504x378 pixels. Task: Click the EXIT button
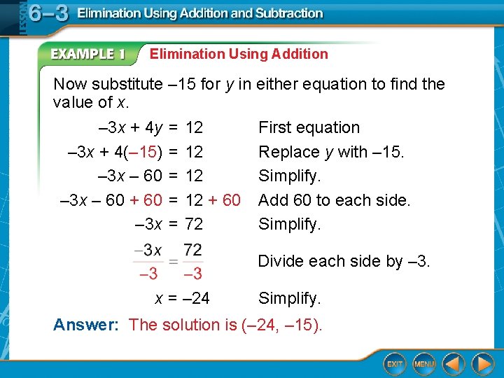coord(395,364)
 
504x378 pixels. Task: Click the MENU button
coord(424,364)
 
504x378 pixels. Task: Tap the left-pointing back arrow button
coord(454,364)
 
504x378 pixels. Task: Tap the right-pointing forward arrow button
coord(482,364)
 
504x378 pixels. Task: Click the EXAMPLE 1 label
coord(87,54)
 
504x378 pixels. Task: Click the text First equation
coord(309,127)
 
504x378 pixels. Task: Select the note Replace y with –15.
coord(331,152)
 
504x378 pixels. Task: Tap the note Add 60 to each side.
coord(334,200)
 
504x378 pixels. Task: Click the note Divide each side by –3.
coord(344,261)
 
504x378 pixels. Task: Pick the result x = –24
coord(181,299)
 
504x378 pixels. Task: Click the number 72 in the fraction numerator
coord(192,250)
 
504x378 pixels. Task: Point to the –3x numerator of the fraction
coord(148,250)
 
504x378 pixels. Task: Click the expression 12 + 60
coord(212,200)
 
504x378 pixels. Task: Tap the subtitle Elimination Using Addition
coord(239,54)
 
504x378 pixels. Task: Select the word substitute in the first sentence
coord(127,84)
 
